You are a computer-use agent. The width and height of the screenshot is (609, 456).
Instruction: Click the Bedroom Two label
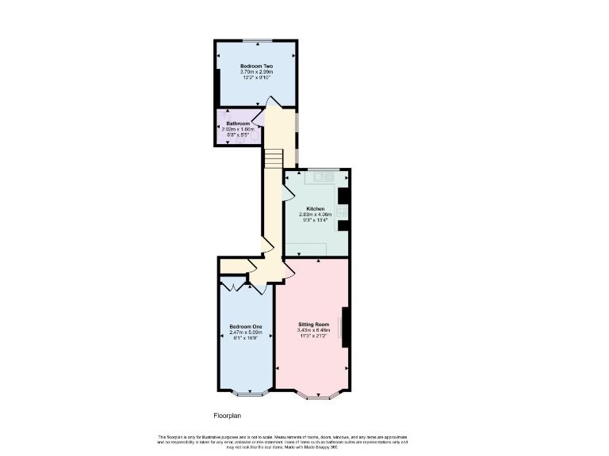tap(256, 66)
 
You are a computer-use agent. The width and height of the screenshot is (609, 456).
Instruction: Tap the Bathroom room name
tap(238, 123)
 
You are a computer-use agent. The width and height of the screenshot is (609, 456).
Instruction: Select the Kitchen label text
tap(316, 208)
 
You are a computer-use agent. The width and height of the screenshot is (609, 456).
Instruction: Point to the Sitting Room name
tap(313, 325)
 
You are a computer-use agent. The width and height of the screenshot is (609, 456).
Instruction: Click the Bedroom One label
tap(246, 327)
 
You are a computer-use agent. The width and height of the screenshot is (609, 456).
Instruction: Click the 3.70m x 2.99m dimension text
tap(256, 72)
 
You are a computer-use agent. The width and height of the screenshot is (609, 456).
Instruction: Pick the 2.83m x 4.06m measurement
tap(316, 215)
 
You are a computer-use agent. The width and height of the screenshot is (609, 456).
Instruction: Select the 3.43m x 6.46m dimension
tap(313, 330)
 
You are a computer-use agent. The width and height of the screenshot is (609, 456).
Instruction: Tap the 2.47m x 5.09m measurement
tap(246, 332)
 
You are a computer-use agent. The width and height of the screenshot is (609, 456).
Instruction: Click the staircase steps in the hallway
tap(274, 159)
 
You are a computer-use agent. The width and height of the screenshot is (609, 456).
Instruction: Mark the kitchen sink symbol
tap(322, 177)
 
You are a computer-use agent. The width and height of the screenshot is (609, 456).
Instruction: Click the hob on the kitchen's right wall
tap(342, 211)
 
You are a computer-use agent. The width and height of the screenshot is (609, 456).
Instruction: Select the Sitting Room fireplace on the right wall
tap(344, 326)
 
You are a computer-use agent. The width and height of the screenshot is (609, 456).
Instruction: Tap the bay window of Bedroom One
tap(247, 393)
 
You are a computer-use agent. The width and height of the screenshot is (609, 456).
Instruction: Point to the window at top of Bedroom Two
tap(256, 40)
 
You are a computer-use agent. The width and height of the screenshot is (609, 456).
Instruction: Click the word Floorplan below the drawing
tap(227, 415)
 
